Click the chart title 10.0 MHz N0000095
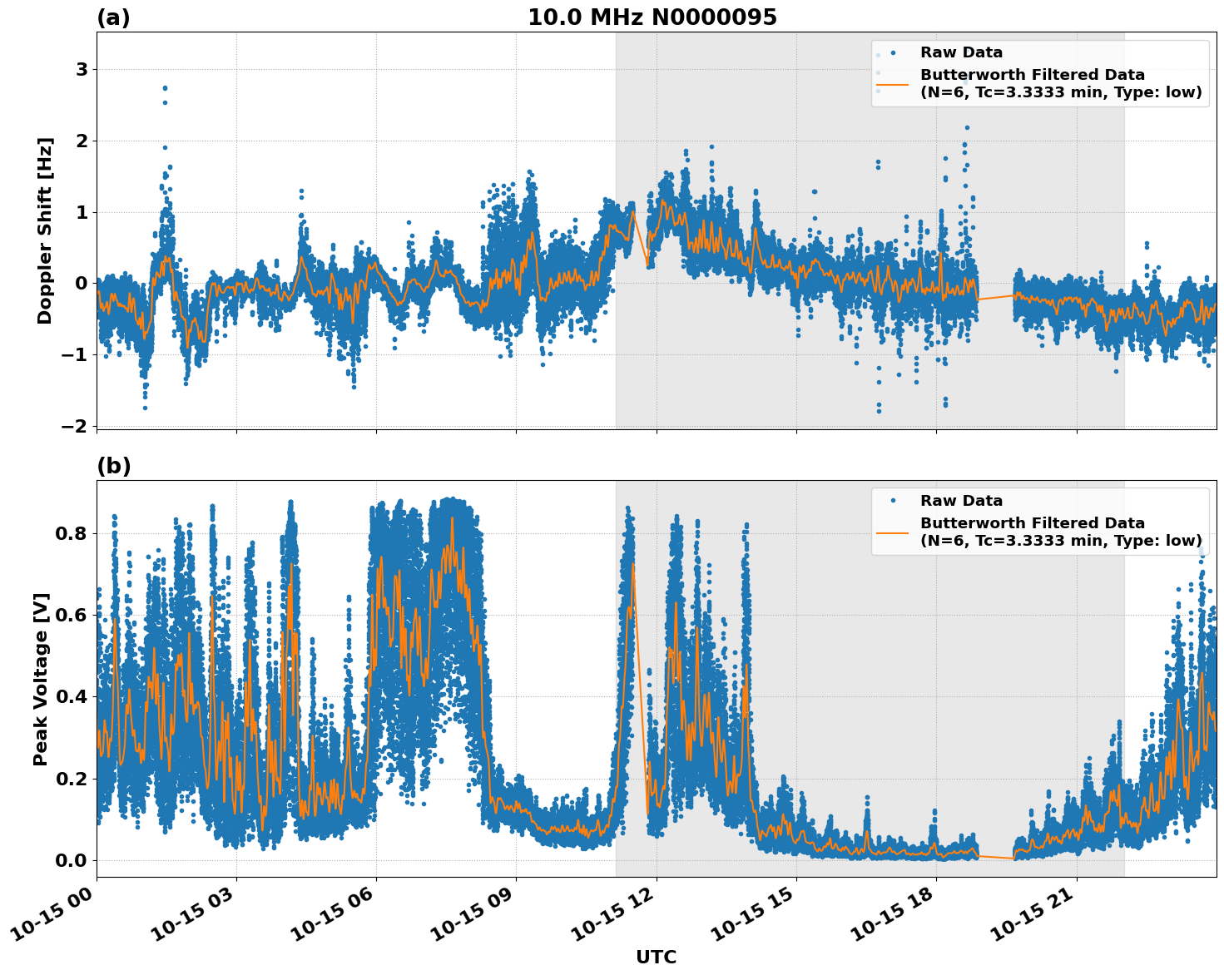click(652, 17)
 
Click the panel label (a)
click(113, 17)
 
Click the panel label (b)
click(113, 466)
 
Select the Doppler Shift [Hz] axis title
click(45, 230)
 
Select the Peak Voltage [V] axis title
click(41, 679)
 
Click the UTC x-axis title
click(656, 958)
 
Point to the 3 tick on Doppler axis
click(82, 70)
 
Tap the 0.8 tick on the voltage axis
click(72, 533)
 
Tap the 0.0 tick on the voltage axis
click(72, 860)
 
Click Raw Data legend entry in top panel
click(961, 52)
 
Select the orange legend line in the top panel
click(893, 84)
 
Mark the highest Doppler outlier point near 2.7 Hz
click(165, 87)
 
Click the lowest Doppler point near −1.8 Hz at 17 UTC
click(879, 411)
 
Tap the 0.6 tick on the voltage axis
click(72, 615)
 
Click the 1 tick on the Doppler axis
click(82, 213)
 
